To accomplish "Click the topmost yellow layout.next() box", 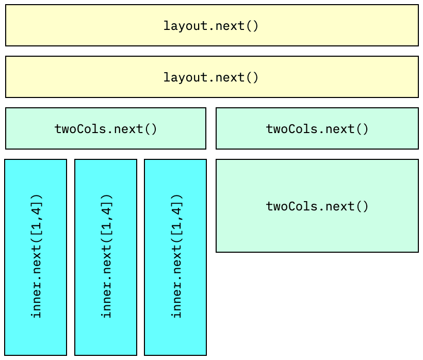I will pyautogui.click(x=211, y=25).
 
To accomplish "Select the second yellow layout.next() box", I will pyautogui.click(x=211, y=77).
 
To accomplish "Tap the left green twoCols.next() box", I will pyautogui.click(x=106, y=128).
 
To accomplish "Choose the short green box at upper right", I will pyautogui.click(x=317, y=128).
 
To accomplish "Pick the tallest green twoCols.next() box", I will pyautogui.click(x=317, y=206).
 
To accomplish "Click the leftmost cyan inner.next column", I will pyautogui.click(x=36, y=257).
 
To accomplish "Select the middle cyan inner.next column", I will pyautogui.click(x=106, y=257).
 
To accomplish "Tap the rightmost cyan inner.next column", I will pyautogui.click(x=175, y=257).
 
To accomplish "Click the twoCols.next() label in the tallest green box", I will pyautogui.click(x=317, y=206).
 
